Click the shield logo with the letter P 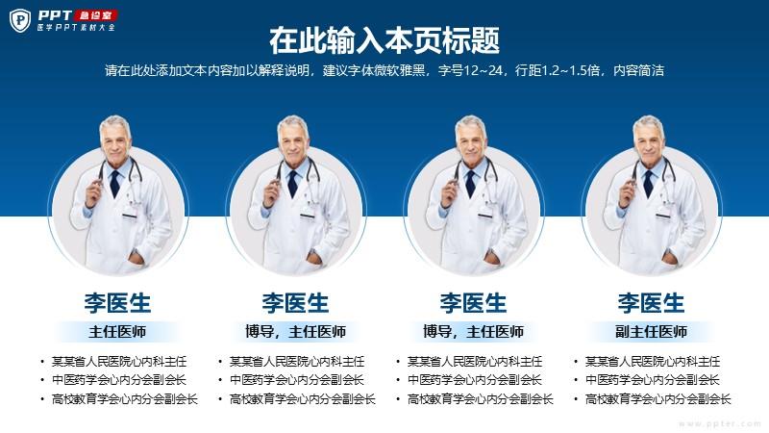coord(20,20)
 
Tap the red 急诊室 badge coord(95,15)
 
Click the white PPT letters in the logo coord(55,15)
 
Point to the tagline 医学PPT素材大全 coord(76,28)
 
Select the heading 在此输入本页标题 coord(384,40)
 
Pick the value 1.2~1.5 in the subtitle coord(563,70)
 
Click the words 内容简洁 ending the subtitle coord(638,70)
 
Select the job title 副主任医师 coord(651,332)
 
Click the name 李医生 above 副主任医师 coord(651,303)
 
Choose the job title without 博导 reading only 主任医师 coord(117,332)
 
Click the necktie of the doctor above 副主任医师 coord(648,183)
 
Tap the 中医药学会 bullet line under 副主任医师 coord(652,380)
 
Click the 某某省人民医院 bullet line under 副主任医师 coord(653,362)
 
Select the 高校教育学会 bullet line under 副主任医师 coord(657,399)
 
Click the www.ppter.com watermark coord(719,423)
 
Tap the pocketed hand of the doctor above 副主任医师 coord(670,258)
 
